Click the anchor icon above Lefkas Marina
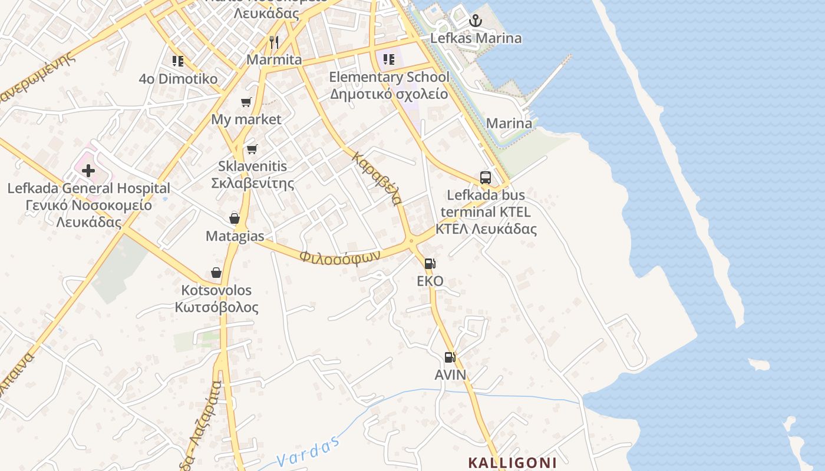coord(475,21)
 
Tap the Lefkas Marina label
coord(476,38)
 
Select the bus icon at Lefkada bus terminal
coord(486,177)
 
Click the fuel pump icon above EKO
coord(430,264)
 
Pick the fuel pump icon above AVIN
coord(450,357)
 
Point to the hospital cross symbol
coord(88,171)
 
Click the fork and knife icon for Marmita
coord(274,42)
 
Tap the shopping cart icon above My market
coord(246,102)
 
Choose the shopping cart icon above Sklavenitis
coord(252,149)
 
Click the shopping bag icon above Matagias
coord(235,218)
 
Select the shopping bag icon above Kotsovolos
coord(216,273)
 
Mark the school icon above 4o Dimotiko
coord(178,61)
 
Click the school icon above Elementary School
coord(388,59)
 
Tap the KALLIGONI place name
coord(512,462)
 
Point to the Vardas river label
coord(309,452)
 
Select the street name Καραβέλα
coord(378,178)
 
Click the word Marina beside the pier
coord(509,124)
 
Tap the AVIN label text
coord(450,375)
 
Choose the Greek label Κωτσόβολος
coord(216,307)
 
